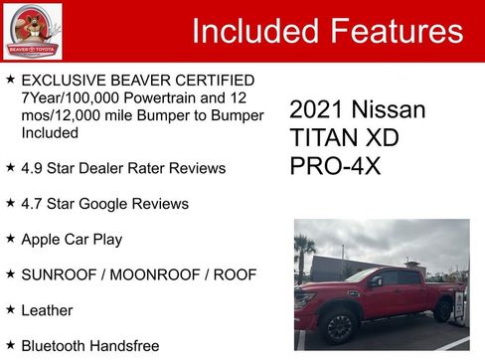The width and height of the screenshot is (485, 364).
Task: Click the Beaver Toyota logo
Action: pos(32,31)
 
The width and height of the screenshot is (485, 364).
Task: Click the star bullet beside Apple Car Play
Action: pos(10,239)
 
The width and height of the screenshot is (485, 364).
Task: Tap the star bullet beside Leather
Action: pos(10,309)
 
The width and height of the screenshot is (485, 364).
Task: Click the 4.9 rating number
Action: pos(33,168)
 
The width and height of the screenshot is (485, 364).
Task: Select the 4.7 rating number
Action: pos(33,204)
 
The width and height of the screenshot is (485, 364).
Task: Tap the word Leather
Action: pos(47,310)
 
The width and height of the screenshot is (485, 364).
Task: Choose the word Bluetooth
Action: pos(57,345)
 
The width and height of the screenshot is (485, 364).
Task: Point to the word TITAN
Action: pos(321,137)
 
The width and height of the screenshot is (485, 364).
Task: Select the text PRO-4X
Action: pos(335,165)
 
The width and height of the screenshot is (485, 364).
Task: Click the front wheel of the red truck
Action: pos(339,325)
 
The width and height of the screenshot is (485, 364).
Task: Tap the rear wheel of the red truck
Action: pos(443,309)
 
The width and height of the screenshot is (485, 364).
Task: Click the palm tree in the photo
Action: pos(303,251)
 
